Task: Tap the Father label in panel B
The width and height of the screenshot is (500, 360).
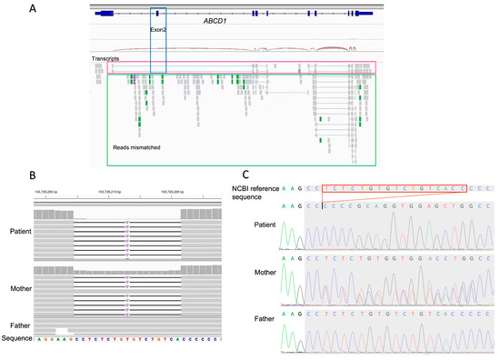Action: click(17, 325)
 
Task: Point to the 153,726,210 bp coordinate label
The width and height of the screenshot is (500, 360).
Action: click(113, 192)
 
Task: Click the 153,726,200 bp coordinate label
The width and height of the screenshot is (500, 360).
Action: click(50, 192)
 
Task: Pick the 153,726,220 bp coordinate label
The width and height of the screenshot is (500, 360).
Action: click(175, 192)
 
